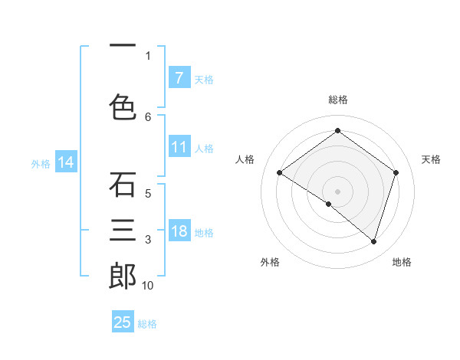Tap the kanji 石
[123, 185]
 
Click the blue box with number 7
[179, 78]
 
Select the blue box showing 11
[179, 148]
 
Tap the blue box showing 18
[179, 232]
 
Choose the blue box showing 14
[66, 162]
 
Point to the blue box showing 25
[123, 322]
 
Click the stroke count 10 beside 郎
[148, 286]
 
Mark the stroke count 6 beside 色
[148, 116]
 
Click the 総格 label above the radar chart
[337, 100]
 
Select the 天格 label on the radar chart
[431, 159]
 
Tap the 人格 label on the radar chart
[245, 159]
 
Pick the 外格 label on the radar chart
[270, 262]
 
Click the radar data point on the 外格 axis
[329, 204]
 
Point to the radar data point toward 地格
[373, 241]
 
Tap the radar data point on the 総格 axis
[337, 131]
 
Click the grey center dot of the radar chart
[337, 191]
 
